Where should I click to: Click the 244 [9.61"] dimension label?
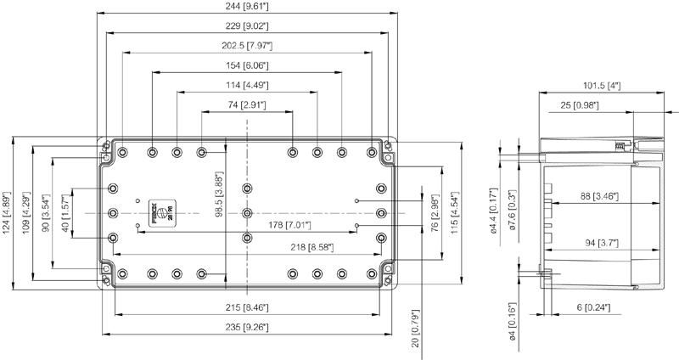pos(246,7)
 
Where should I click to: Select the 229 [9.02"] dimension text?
pos(246,25)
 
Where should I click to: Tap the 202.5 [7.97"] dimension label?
pos(246,45)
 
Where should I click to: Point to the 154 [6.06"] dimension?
pos(246,65)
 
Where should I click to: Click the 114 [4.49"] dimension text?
pos(246,85)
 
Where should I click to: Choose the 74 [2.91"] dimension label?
pos(246,104)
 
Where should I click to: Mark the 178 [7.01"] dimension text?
pos(289,225)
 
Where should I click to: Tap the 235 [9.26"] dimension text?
pos(246,328)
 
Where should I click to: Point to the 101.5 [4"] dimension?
pos(602,85)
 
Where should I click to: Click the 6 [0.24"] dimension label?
pos(591,307)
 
